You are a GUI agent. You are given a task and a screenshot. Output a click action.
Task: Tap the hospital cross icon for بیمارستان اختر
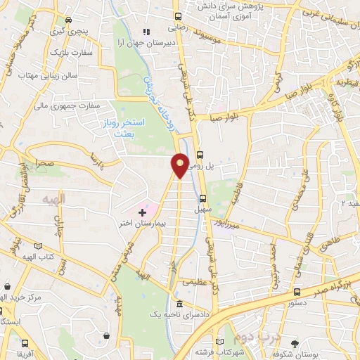[x=143, y=211]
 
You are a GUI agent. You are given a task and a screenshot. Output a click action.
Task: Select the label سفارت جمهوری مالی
[x=69, y=106]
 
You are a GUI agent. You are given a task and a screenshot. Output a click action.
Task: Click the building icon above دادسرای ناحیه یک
[x=179, y=304]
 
